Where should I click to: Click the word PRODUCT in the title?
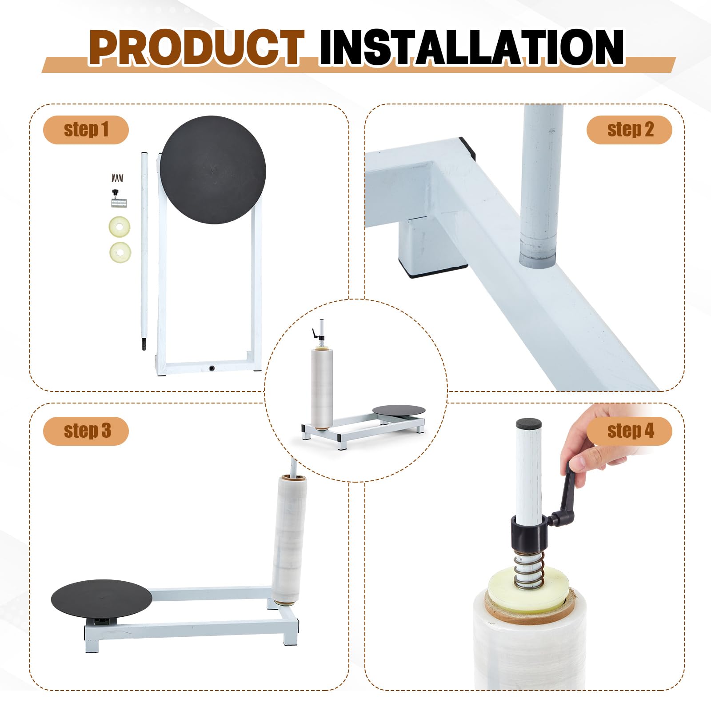click(x=197, y=48)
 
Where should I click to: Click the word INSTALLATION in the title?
click(x=471, y=48)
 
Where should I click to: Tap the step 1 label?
click(x=86, y=130)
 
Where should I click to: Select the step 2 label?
click(x=629, y=130)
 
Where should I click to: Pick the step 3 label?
click(x=86, y=431)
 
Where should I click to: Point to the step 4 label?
click(x=629, y=431)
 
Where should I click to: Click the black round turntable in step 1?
click(x=213, y=170)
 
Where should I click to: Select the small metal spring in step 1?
click(x=117, y=178)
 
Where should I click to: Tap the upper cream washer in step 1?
click(x=120, y=227)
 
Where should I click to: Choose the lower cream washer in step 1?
click(x=120, y=252)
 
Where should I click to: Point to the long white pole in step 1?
click(x=144, y=251)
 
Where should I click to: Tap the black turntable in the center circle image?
click(x=399, y=410)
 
